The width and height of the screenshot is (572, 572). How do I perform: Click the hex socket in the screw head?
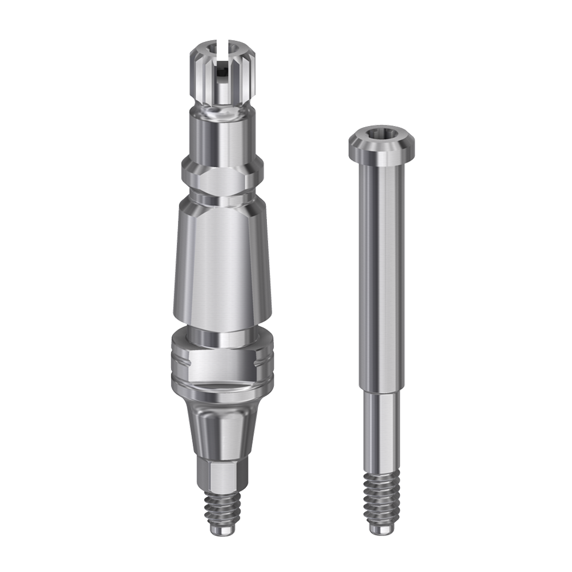[x=381, y=138]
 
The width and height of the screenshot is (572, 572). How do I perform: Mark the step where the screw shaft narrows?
[x=381, y=393]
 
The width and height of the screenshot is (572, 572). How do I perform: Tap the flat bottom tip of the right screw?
[x=381, y=531]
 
